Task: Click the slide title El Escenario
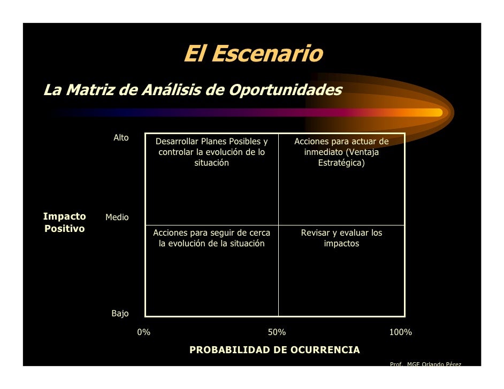[x=253, y=54]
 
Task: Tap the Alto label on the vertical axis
[x=121, y=138]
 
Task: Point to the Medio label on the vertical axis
[x=117, y=217]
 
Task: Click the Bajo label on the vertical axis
[x=120, y=314]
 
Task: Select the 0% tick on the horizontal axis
[x=144, y=332]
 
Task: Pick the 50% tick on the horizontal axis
[x=277, y=332]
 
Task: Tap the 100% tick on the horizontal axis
[x=400, y=332]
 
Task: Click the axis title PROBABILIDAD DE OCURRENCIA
[x=274, y=350]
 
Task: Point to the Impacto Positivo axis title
[x=64, y=222]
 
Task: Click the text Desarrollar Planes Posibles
[x=211, y=142]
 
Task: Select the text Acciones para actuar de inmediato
[x=341, y=147]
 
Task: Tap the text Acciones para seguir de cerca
[x=211, y=233]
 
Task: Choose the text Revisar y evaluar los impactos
[x=341, y=238]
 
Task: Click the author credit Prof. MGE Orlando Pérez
[x=425, y=364]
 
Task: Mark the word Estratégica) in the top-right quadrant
[x=341, y=163]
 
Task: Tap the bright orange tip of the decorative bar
[x=436, y=112]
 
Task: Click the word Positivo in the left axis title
[x=64, y=229]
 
